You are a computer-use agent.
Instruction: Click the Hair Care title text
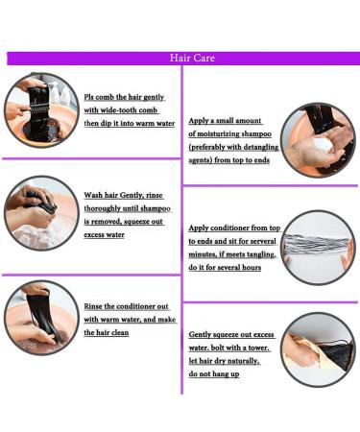point(192,58)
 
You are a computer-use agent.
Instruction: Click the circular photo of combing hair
point(41,110)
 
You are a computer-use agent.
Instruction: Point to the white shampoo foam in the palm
point(323,147)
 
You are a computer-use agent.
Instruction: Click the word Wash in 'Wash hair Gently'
point(92,195)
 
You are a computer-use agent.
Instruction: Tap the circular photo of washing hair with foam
point(41,213)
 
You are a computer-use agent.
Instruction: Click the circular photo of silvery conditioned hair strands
point(319,248)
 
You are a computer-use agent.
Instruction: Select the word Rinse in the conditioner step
point(93,306)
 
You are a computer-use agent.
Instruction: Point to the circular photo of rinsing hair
point(41,318)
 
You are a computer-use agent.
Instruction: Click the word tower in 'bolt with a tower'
point(258,348)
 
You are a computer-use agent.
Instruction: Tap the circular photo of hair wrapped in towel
point(319,349)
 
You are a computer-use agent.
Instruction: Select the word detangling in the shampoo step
point(261,147)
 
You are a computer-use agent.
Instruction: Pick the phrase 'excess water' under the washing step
point(104,234)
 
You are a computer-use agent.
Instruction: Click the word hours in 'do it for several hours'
point(252,267)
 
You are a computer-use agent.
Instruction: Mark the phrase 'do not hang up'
point(214,374)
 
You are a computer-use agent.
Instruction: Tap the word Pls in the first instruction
point(88,97)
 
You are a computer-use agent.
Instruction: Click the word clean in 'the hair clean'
point(120,332)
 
